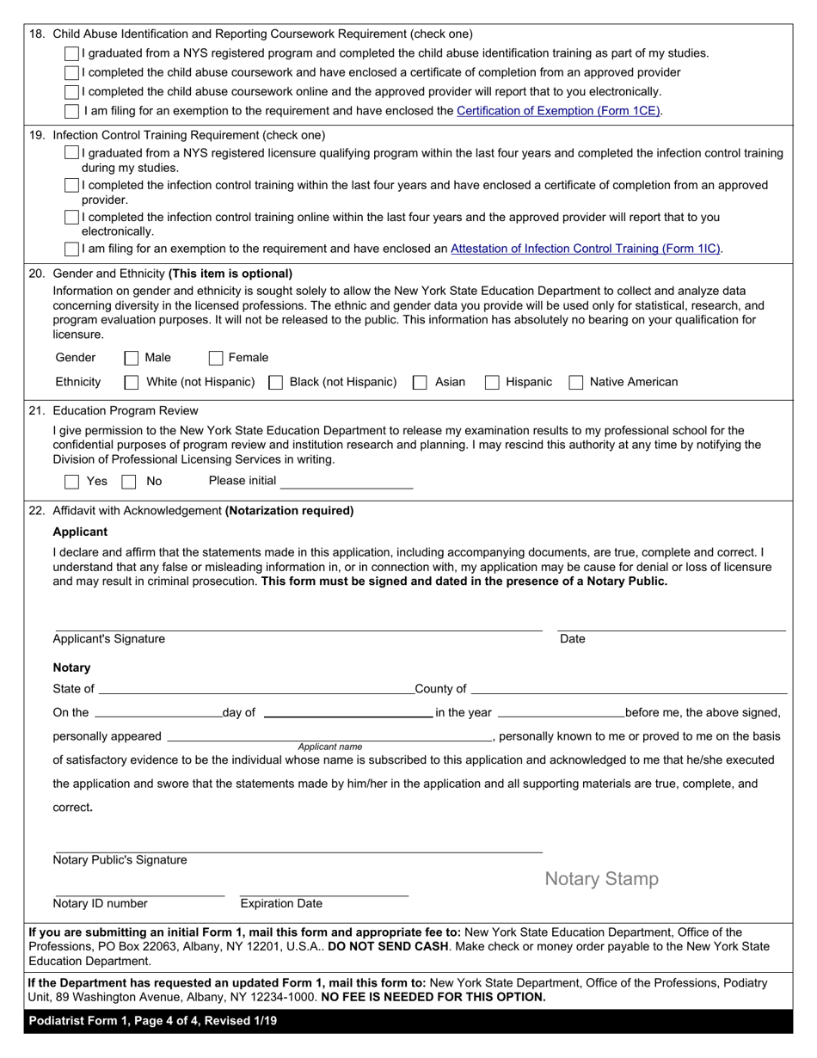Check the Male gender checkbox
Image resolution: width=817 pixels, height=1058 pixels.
[132, 358]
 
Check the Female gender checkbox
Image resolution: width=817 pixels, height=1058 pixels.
[216, 358]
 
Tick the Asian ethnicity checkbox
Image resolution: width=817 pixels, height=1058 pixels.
[420, 382]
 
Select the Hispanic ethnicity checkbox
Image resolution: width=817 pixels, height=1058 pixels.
[492, 382]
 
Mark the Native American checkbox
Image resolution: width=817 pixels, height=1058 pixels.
[576, 382]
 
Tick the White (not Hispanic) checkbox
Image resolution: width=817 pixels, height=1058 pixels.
[132, 382]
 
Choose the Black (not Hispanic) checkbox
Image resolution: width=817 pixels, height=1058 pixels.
[276, 382]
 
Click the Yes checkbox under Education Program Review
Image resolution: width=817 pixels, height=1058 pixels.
[72, 482]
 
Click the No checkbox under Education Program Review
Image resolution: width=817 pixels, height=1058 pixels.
[129, 482]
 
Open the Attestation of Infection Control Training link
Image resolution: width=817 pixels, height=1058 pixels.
[586, 249]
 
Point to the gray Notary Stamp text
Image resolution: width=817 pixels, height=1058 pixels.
[602, 879]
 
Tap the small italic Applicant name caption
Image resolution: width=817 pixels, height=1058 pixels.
[330, 747]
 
